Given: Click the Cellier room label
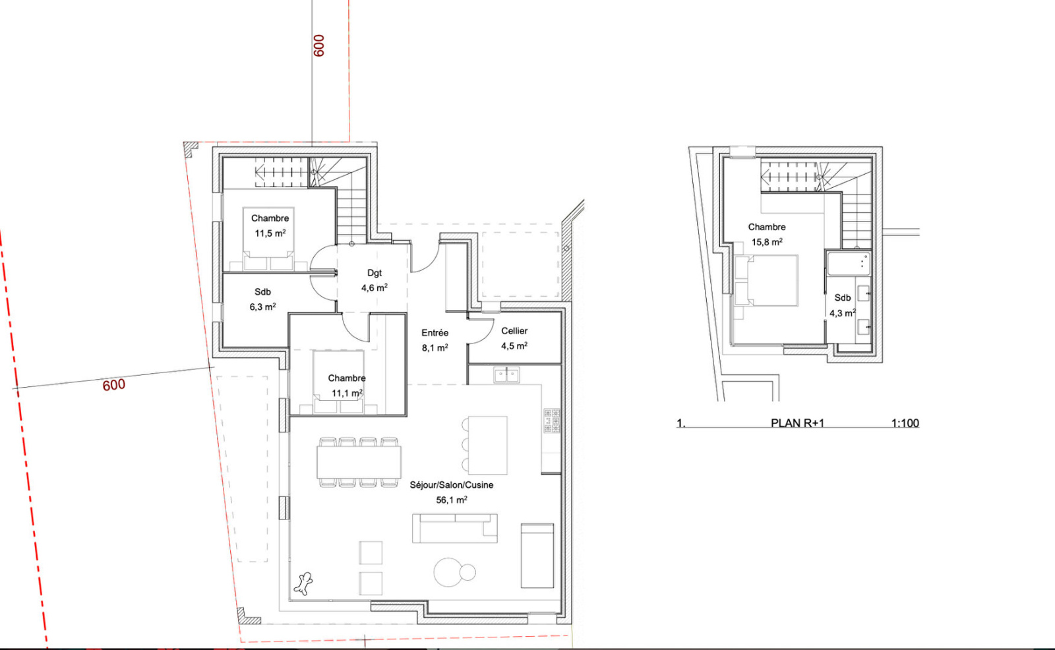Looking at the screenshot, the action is (514, 331).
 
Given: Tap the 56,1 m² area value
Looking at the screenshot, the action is (451, 500).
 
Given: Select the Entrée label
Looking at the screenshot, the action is (435, 333).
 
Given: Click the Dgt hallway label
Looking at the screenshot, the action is (375, 273).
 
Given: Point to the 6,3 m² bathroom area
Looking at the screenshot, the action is (262, 307).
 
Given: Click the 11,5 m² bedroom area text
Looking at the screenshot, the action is (270, 233).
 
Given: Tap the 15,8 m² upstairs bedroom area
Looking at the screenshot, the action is (767, 242).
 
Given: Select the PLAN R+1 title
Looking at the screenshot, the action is (797, 423).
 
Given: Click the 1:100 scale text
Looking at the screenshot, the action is (905, 423).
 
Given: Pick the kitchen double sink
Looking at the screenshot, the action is (506, 375).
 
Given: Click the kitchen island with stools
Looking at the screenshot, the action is (485, 445).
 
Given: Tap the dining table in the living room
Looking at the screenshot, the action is (359, 463).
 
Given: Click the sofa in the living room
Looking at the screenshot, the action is (454, 528).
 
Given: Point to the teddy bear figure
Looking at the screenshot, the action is (304, 583).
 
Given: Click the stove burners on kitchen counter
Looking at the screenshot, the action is (551, 421).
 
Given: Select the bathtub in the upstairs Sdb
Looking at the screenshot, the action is (849, 264).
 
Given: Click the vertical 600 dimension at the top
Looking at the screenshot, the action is (319, 45).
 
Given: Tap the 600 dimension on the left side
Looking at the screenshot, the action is (114, 385).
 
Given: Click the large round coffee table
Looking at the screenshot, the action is (448, 572).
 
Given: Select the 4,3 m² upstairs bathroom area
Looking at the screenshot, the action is (843, 313).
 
